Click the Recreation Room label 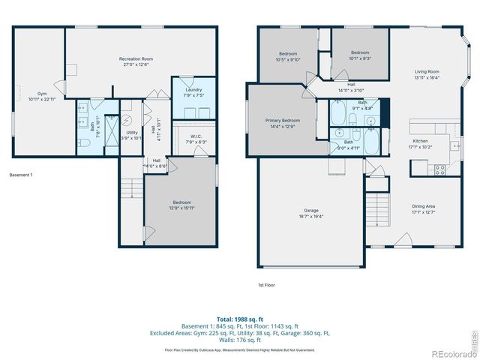(136, 61)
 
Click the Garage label (312, 213)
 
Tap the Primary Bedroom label (282, 123)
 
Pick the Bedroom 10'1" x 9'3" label (360, 55)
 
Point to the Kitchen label (421, 144)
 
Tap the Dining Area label (423, 209)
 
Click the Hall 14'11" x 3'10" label (351, 87)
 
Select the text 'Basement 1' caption (21, 175)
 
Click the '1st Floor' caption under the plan (266, 285)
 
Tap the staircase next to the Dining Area (378, 208)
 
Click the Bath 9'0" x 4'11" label (348, 144)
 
